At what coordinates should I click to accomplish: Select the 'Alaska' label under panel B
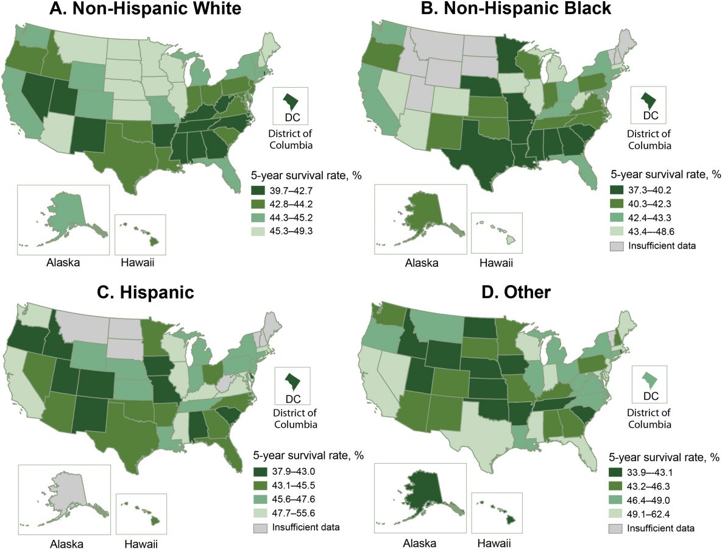(x=419, y=263)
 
